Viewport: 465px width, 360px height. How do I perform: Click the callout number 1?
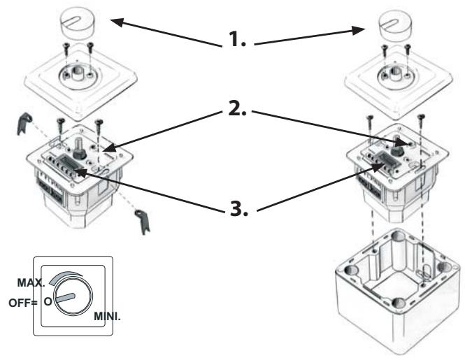coord(237,39)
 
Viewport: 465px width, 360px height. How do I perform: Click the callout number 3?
coord(238,209)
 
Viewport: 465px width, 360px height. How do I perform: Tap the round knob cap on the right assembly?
coord(394,27)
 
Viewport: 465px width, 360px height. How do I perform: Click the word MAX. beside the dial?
coord(31,282)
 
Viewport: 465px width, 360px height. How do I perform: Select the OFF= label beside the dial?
coord(23,303)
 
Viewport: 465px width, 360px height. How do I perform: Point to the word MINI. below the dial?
coord(108,317)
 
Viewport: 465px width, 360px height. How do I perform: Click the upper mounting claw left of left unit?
coord(24,124)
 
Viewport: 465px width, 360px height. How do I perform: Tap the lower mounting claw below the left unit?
coord(143,221)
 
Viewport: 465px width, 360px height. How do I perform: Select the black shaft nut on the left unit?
coord(80,153)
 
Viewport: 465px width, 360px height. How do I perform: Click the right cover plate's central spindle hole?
coord(396,73)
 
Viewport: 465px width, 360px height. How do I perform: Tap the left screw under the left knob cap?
coord(66,50)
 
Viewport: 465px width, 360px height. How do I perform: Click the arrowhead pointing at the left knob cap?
coord(117,22)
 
